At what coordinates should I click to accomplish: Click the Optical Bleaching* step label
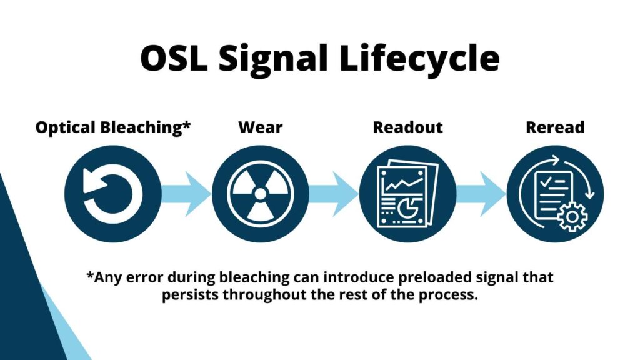click(112, 127)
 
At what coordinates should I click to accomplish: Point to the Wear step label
click(260, 127)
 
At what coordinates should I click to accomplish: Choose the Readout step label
click(407, 127)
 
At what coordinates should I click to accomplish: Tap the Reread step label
click(555, 127)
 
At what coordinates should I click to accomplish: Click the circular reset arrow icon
click(112, 194)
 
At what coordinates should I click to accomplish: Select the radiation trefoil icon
click(260, 194)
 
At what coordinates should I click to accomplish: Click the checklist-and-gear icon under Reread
click(555, 194)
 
